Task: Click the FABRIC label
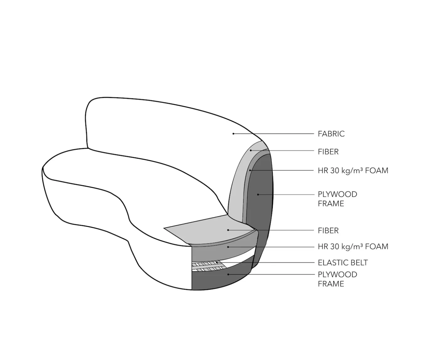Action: pos(331,134)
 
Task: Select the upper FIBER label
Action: pos(328,152)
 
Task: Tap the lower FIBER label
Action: pos(328,230)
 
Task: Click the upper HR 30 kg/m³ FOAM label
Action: pos(353,170)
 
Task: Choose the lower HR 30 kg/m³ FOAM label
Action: pos(353,246)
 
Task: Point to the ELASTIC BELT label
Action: pos(343,262)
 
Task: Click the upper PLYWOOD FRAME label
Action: pos(337,199)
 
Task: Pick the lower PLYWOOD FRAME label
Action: pos(337,279)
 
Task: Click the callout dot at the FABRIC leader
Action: pos(233,134)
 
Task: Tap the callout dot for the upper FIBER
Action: pos(251,150)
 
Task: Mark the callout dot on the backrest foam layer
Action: pos(250,170)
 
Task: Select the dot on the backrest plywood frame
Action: pos(258,194)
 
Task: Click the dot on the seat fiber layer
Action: pos(228,230)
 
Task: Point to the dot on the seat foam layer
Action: pos(228,247)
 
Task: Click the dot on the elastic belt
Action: pos(217,262)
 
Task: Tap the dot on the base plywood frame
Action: pos(228,274)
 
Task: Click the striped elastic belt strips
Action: pos(209,267)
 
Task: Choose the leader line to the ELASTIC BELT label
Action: pos(265,262)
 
